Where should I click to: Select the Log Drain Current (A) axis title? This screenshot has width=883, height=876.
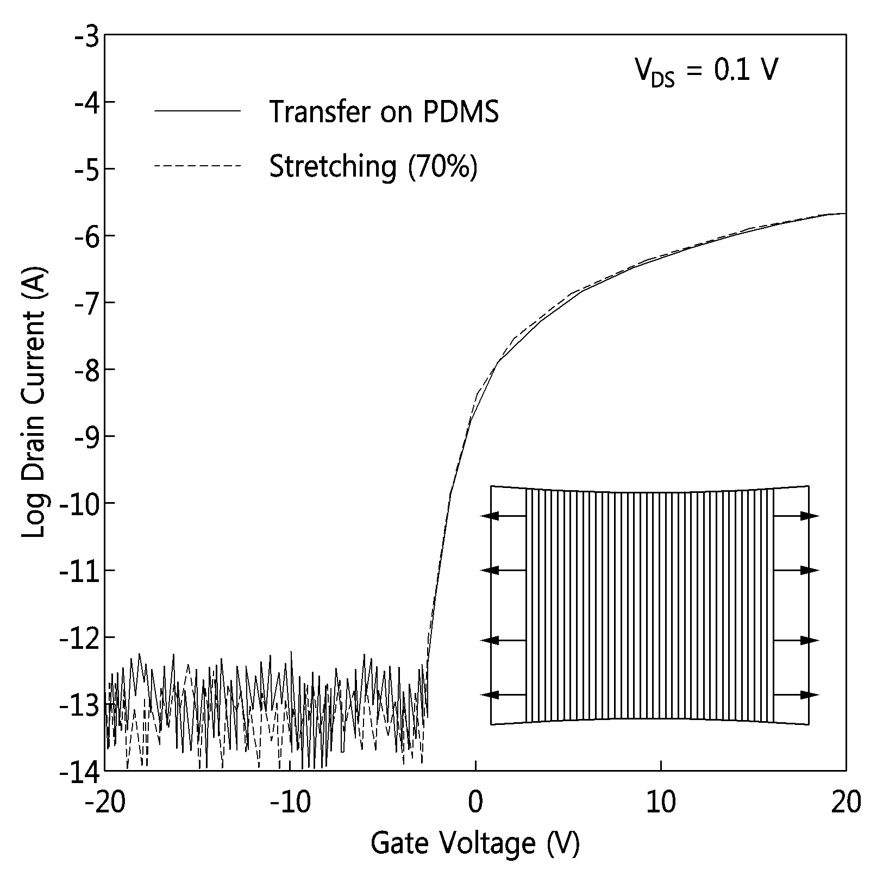[34, 402]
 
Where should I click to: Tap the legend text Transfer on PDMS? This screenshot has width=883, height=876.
[384, 111]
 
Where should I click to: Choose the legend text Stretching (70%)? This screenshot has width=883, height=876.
[374, 166]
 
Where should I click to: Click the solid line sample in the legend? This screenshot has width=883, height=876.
[197, 111]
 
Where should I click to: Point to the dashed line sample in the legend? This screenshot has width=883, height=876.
[197, 165]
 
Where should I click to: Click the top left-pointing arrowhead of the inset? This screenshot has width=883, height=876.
[490, 516]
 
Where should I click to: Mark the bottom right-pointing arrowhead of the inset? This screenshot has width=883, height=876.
[810, 694]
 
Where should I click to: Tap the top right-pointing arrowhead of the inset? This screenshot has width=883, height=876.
[810, 516]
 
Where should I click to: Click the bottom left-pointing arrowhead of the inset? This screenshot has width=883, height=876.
[490, 694]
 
